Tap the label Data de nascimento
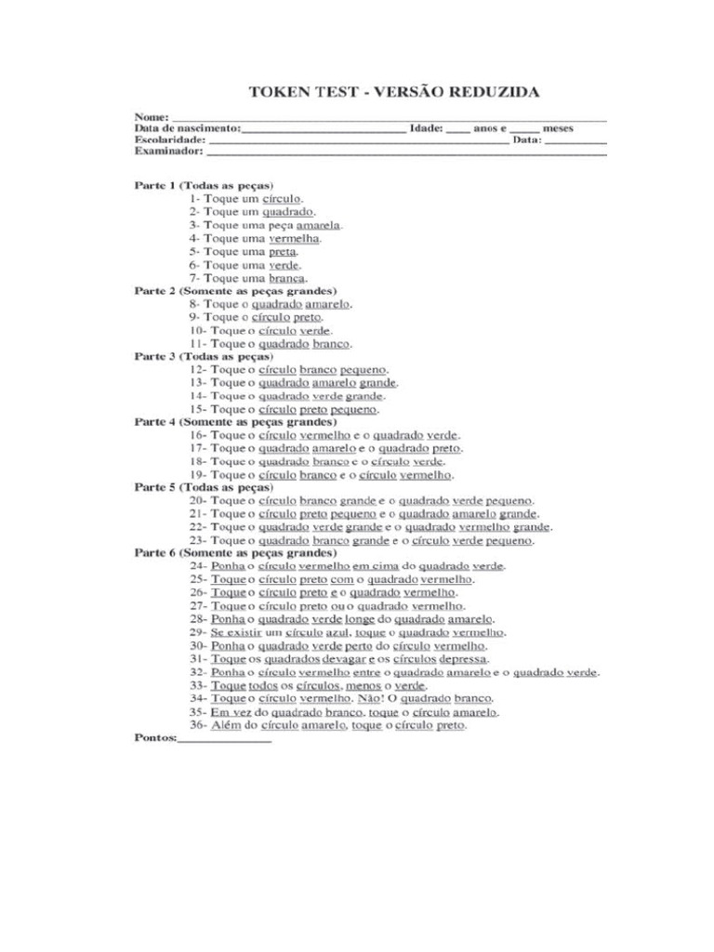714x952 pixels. pos(187,128)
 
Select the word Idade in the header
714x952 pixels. pos(426,128)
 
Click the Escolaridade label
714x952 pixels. pos(169,139)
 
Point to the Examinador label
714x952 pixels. pos(168,151)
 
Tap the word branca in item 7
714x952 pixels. pos(287,278)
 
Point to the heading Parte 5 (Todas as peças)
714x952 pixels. pos(204,487)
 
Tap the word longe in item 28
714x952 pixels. pos(360,619)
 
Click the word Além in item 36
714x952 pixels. pos(225,725)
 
